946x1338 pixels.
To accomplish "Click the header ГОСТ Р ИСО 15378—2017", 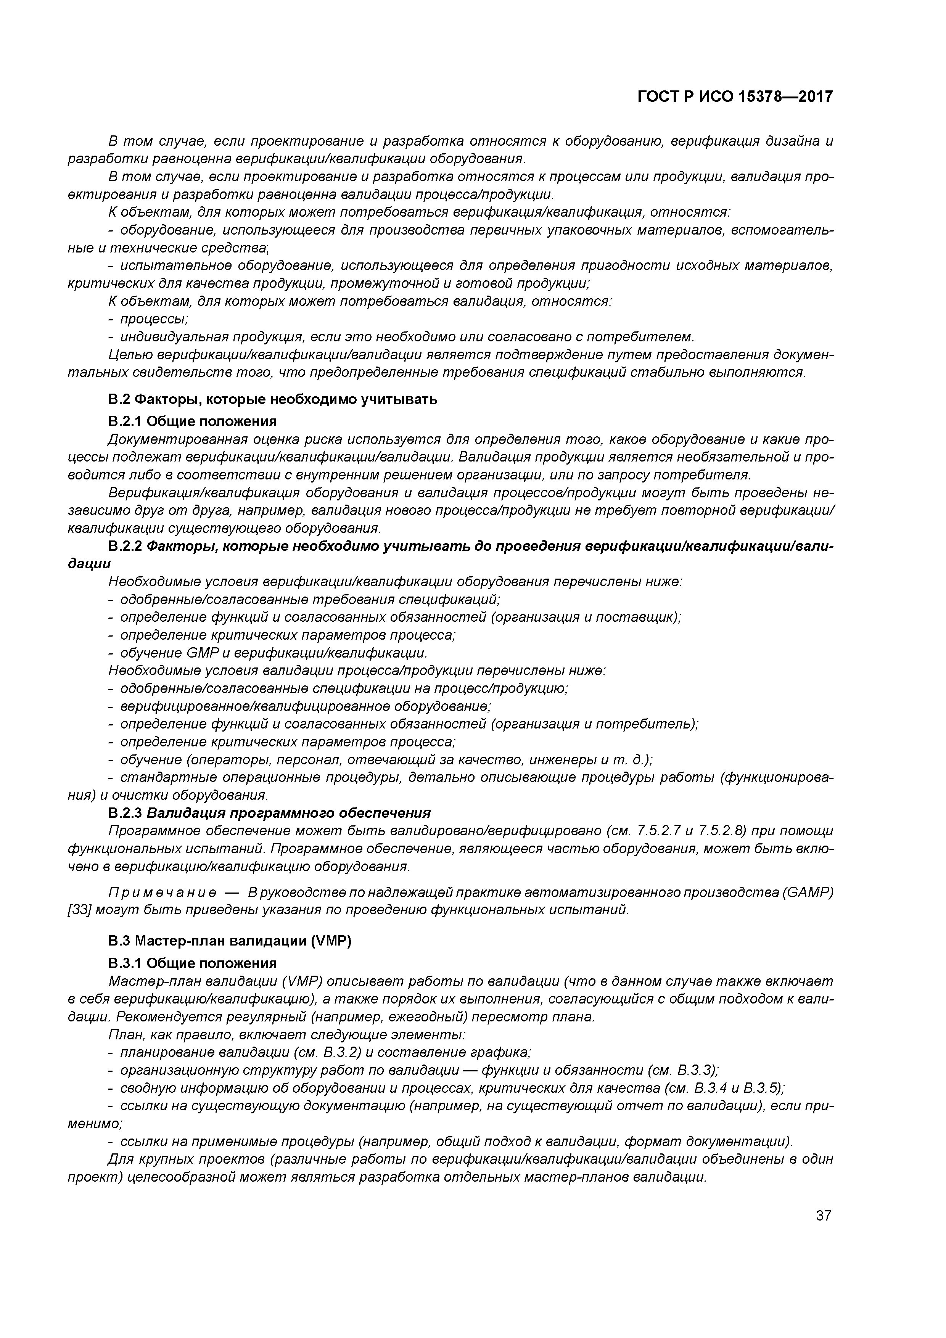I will pyautogui.click(x=735, y=97).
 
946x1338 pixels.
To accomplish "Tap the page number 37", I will pyautogui.click(x=823, y=1216).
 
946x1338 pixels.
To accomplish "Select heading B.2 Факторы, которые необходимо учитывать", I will pyautogui.click(x=273, y=400).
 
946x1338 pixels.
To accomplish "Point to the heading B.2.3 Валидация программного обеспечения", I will pyautogui.click(x=269, y=813).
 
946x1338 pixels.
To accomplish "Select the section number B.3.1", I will pyautogui.click(x=126, y=963).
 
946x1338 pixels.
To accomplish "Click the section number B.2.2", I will pyautogui.click(x=126, y=547).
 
